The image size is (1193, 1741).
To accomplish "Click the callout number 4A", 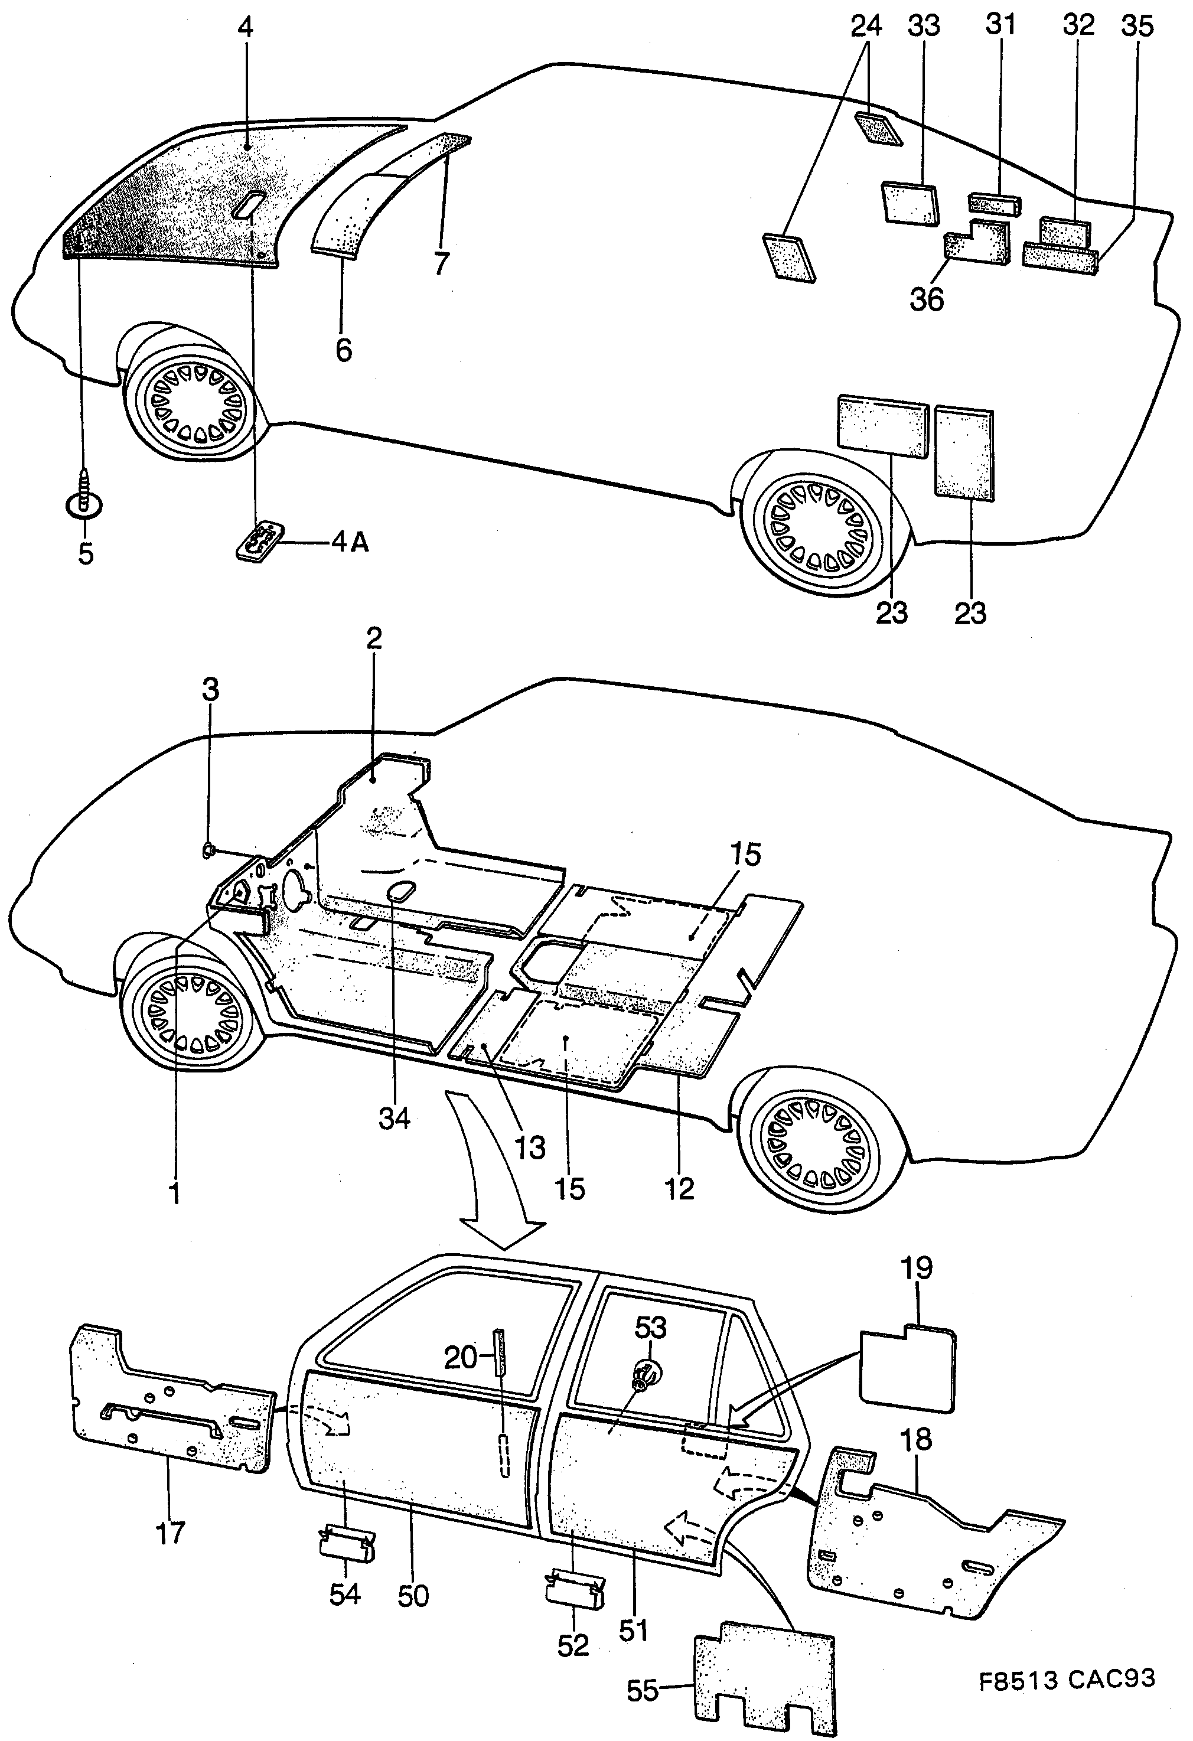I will click(x=350, y=542).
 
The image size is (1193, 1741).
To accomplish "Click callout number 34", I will click(x=394, y=1119).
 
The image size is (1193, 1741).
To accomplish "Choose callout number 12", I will click(x=679, y=1189).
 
